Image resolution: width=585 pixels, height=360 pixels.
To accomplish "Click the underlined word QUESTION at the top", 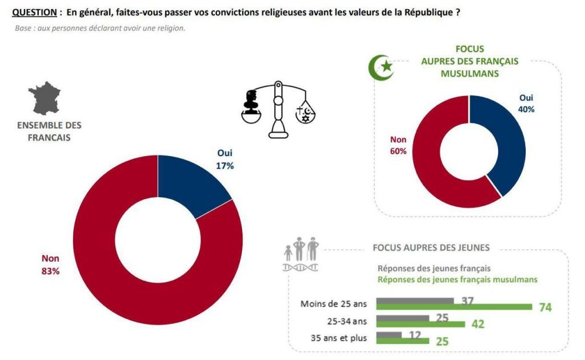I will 34,11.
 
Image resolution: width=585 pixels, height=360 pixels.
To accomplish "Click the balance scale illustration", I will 278,109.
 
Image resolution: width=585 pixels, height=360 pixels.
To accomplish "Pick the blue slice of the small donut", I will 503,143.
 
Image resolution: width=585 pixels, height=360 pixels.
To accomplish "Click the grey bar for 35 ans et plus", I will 389,334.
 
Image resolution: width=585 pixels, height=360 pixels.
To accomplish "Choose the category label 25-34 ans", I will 346,321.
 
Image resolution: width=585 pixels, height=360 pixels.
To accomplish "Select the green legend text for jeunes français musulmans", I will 457,279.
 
